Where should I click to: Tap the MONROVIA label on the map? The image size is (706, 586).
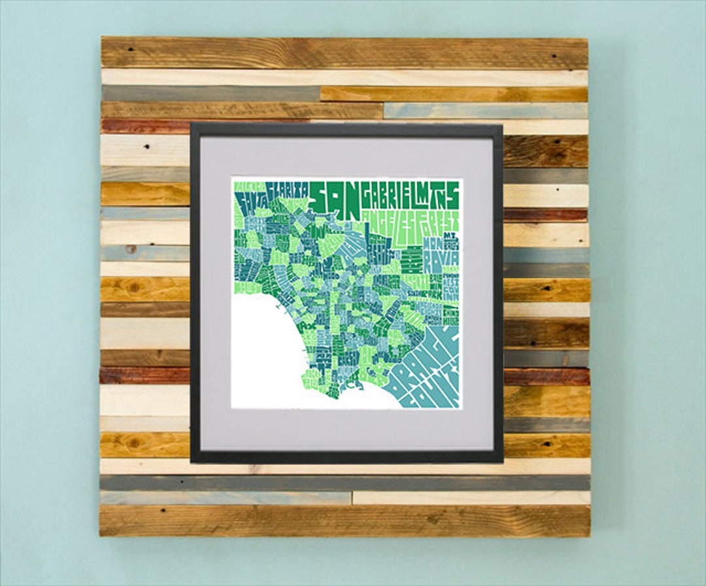coord(433,254)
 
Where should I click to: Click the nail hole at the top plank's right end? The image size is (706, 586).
coord(556,58)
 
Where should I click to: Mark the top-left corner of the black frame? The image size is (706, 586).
coord(191,123)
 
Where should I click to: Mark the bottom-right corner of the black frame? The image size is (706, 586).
coord(502,462)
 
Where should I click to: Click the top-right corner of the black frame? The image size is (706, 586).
coord(502,124)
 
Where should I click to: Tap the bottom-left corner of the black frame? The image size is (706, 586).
coord(191,462)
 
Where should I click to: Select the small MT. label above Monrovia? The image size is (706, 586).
coord(450,236)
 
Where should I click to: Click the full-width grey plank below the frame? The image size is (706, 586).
coord(345,483)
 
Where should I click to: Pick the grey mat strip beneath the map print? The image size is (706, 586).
coord(346,429)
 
